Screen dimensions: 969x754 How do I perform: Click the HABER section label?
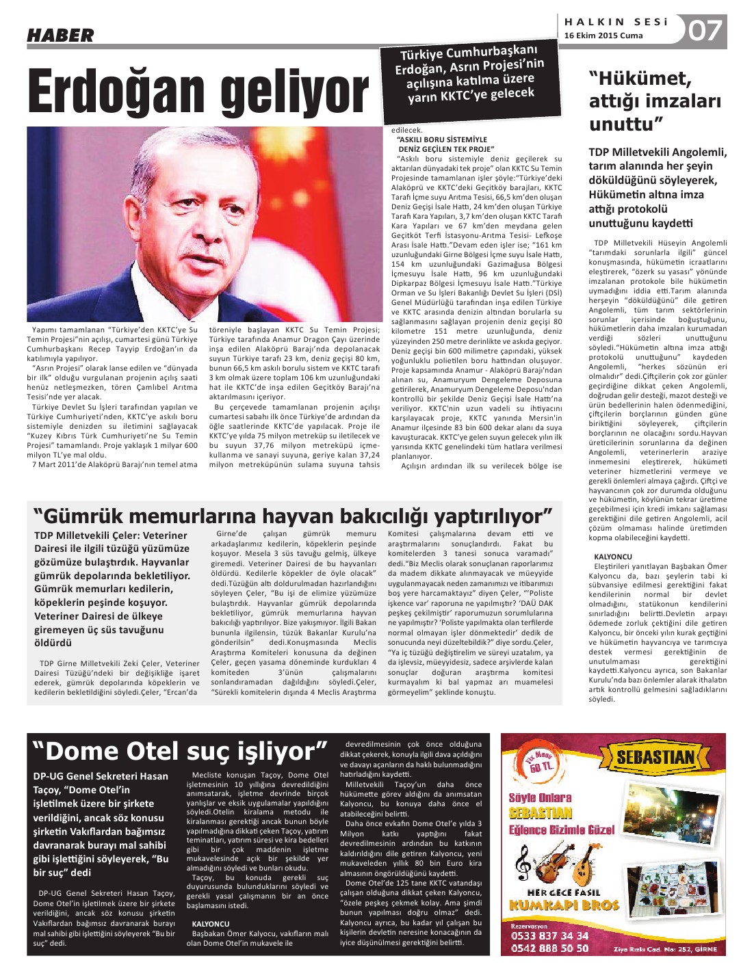pos(60,35)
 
